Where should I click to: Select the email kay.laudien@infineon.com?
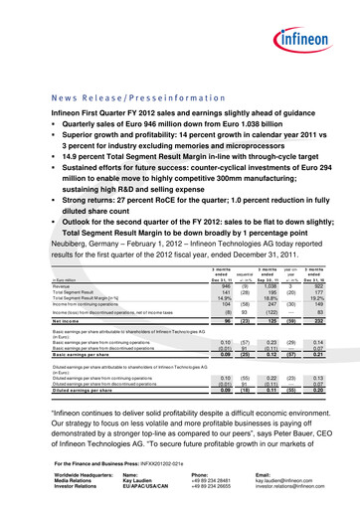click(x=291, y=482)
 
